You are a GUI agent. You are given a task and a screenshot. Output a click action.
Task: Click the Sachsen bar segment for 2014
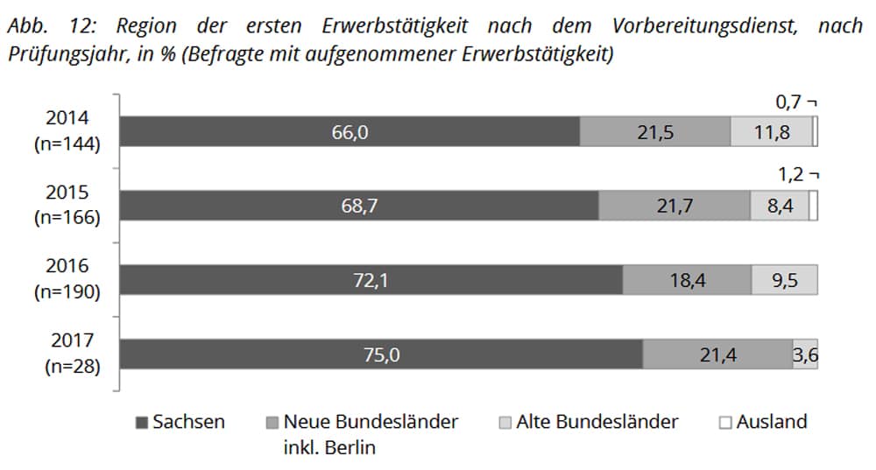(350, 132)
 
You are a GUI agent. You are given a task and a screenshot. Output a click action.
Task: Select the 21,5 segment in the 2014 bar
(655, 132)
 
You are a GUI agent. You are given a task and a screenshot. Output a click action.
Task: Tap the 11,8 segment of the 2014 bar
(771, 132)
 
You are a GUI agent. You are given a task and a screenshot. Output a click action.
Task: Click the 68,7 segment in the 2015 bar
(359, 206)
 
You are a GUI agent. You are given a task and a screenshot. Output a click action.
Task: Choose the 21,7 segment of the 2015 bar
(675, 206)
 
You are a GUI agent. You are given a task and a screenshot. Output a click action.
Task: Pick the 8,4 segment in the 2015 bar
(779, 206)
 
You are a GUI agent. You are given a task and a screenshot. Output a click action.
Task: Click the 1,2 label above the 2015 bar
(791, 174)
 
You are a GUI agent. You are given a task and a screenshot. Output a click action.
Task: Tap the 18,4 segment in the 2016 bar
(687, 280)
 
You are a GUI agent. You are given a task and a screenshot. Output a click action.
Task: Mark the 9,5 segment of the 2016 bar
(784, 280)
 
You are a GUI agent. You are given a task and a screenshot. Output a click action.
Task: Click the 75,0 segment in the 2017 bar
(381, 354)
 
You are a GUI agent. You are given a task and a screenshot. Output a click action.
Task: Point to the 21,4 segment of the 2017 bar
(717, 354)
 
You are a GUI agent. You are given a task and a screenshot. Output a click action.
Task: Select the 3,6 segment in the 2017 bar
(805, 354)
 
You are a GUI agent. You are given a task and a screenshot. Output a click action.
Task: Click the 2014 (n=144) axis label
(67, 131)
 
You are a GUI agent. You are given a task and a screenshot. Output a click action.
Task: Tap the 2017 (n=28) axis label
(67, 354)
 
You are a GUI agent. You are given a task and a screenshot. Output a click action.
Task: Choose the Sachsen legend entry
(180, 422)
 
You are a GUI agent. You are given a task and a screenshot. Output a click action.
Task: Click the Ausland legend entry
(762, 422)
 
